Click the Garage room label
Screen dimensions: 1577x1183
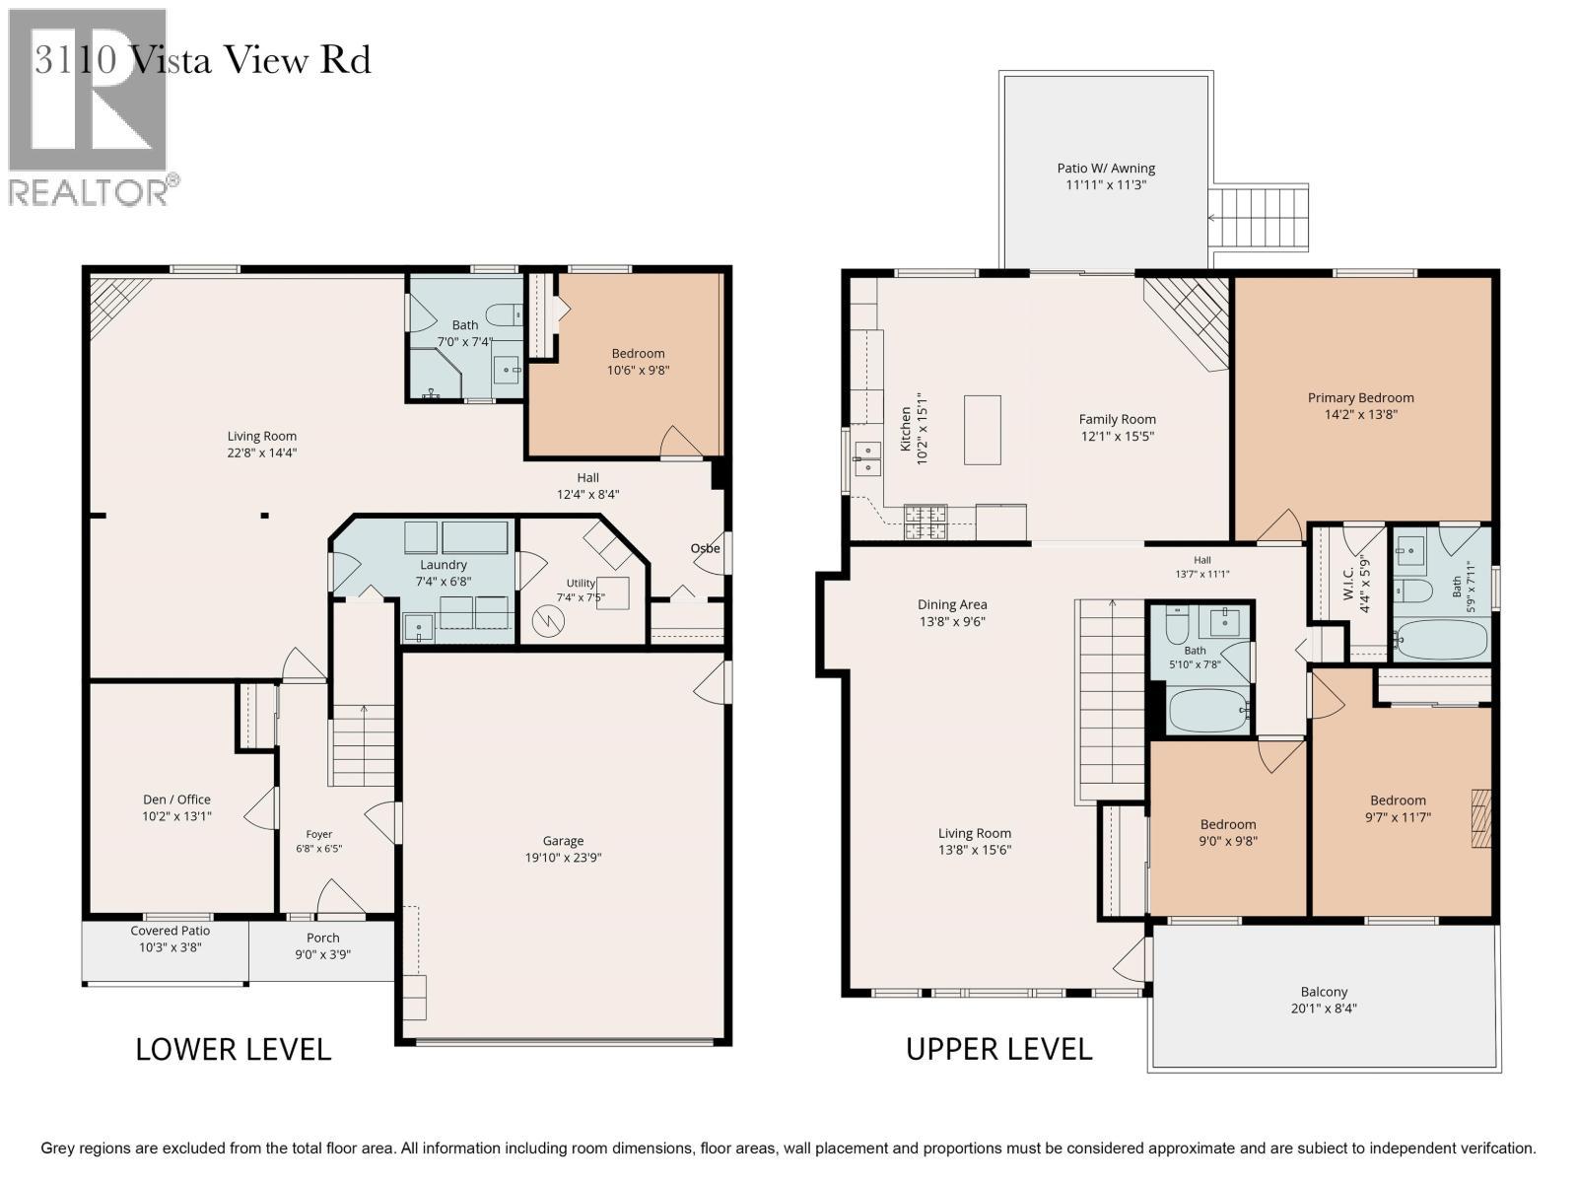point(563,840)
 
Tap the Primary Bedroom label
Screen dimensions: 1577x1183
point(1360,398)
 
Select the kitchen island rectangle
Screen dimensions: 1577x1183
point(982,430)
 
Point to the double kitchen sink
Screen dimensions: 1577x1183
point(867,459)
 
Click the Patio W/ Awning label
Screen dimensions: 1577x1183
point(1106,168)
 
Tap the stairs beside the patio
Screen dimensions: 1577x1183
point(1258,218)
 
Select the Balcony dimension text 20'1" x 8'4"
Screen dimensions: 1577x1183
point(1324,1009)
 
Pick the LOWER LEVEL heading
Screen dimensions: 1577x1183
point(233,1050)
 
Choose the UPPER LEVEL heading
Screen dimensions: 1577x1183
point(998,1050)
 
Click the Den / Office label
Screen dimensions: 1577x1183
point(176,800)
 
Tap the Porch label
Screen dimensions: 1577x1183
point(322,939)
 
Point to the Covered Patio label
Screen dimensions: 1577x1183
point(171,931)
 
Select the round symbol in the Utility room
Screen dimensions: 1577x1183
point(548,622)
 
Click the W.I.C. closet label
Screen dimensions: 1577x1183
point(1347,584)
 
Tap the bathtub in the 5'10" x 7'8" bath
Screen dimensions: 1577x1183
point(1208,710)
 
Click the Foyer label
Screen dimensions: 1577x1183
point(319,834)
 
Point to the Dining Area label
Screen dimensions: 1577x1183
point(952,604)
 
